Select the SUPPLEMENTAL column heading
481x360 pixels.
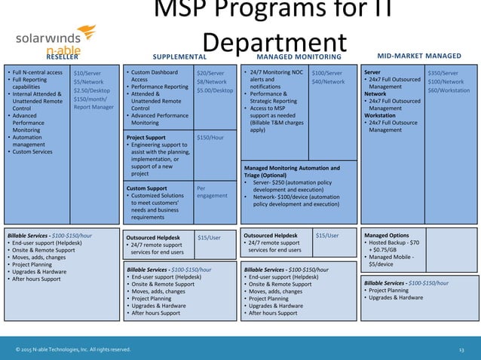click(x=179, y=56)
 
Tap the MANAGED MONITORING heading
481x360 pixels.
click(x=299, y=56)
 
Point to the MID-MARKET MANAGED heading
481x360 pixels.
click(x=418, y=56)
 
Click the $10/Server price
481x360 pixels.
click(x=88, y=73)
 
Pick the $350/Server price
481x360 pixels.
click(x=443, y=73)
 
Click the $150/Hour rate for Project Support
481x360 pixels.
click(x=210, y=138)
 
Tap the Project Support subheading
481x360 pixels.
click(x=146, y=138)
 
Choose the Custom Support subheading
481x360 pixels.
click(x=147, y=188)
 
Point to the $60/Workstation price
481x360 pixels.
click(x=448, y=90)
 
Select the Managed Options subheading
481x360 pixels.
click(x=387, y=236)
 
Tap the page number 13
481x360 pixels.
click(x=461, y=349)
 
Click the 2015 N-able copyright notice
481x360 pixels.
click(x=73, y=349)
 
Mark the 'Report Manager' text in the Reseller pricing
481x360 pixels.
click(x=93, y=108)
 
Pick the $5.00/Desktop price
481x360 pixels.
click(x=215, y=90)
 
